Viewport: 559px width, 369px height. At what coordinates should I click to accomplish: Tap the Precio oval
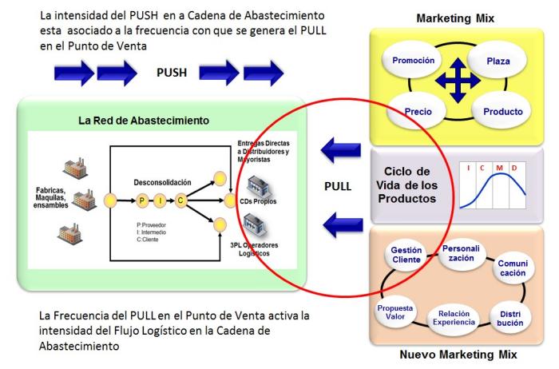pos(419,112)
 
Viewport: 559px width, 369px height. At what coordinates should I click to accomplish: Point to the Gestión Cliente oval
pos(406,256)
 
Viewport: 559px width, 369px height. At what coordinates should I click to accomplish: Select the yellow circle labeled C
pos(182,199)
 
